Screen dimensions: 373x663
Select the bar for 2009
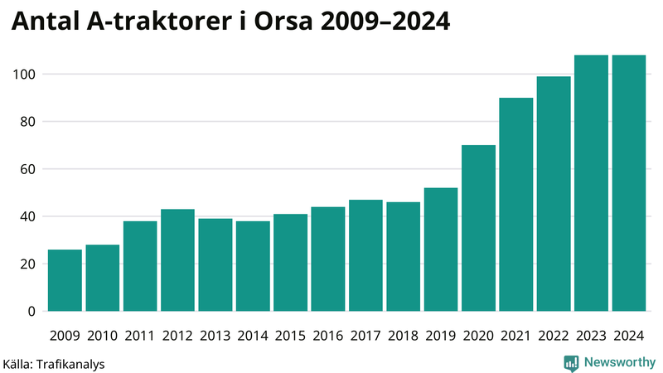point(65,280)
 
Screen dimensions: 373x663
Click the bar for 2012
point(177,260)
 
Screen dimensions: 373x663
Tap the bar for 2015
point(290,263)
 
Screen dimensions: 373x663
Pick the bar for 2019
point(441,249)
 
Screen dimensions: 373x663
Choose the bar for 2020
point(478,228)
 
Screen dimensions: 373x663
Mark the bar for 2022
point(554,194)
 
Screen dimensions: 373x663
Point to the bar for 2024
point(628,183)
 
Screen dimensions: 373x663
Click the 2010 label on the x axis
point(102,336)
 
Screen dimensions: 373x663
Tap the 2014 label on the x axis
point(252,336)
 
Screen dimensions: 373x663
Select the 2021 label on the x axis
point(515,336)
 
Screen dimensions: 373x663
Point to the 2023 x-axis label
point(591,336)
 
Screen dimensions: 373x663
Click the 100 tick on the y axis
point(24,75)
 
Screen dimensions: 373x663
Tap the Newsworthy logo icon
point(571,362)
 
